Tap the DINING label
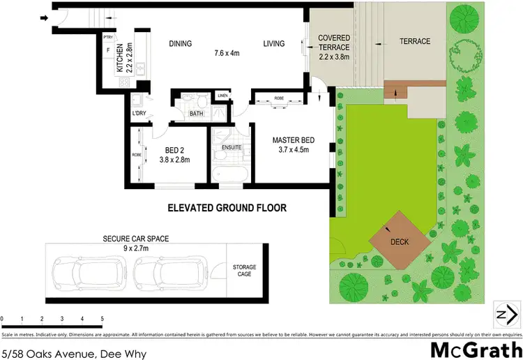[x=180, y=44]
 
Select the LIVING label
[x=274, y=44]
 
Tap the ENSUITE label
[x=231, y=148]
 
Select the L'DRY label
[x=139, y=113]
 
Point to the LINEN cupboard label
[x=222, y=96]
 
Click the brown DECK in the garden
[x=400, y=242]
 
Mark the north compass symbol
[x=508, y=314]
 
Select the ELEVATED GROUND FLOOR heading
[x=227, y=208]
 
